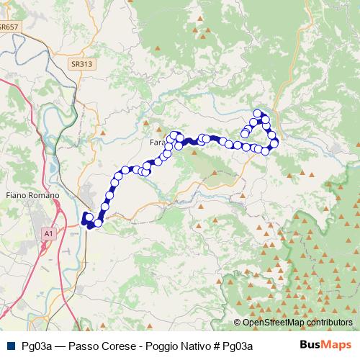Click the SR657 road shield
click(x=10, y=27)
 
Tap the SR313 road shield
click(x=82, y=64)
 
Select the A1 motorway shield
click(x=48, y=234)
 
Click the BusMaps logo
click(x=325, y=345)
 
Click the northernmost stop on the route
click(x=257, y=113)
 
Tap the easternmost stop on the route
click(x=274, y=143)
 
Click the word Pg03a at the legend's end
click(x=238, y=346)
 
